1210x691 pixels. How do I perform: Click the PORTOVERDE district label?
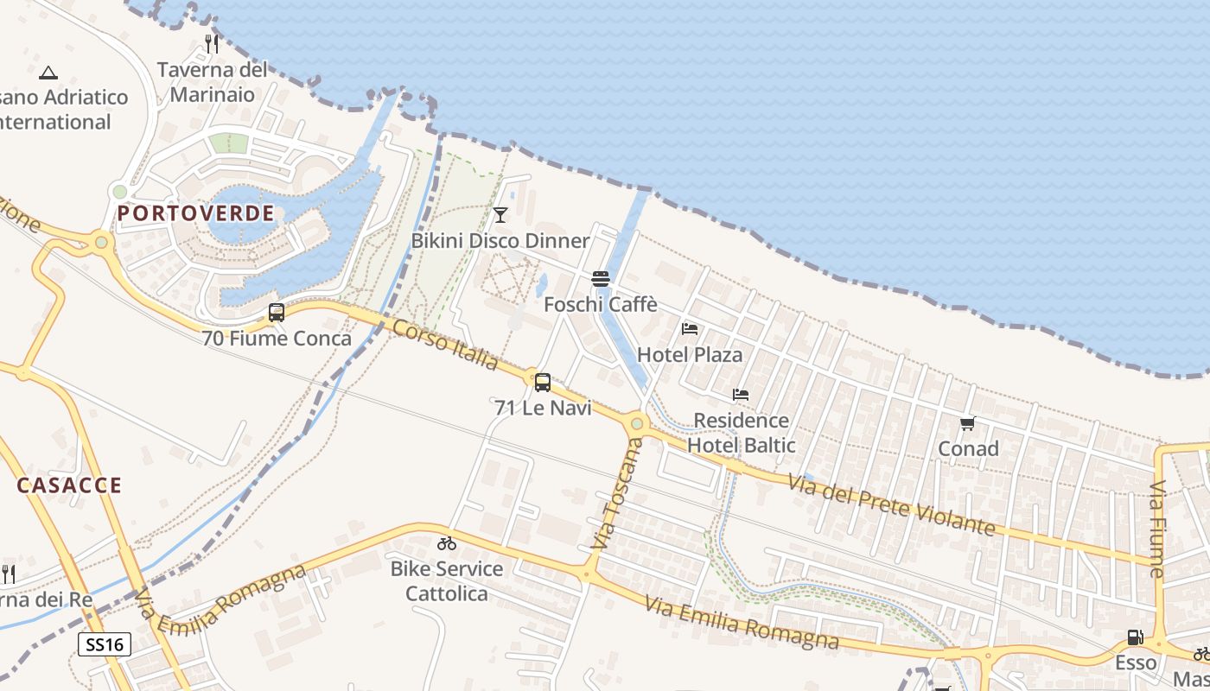[196, 213]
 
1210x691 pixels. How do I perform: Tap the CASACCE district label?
[69, 485]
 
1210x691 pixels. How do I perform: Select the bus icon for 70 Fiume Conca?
[277, 313]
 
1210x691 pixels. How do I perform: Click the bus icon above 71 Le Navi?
[543, 382]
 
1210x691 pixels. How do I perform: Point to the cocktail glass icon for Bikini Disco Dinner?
[500, 214]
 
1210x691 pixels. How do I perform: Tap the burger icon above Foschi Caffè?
[601, 278]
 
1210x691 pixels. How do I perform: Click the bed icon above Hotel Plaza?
[690, 329]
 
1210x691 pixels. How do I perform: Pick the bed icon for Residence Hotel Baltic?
[741, 395]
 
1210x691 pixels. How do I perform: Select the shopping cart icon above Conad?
[968, 423]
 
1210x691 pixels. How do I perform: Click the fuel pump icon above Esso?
[1135, 637]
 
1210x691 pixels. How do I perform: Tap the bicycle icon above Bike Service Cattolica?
[446, 543]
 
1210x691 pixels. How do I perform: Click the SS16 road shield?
[105, 643]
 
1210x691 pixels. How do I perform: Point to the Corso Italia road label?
[445, 344]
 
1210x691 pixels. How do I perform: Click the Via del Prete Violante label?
[891, 504]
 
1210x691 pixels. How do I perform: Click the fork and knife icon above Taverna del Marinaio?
[212, 43]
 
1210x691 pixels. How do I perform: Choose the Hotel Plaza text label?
[690, 354]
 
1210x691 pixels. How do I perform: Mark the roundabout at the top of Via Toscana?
[638, 423]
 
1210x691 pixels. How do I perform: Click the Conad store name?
[968, 448]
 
